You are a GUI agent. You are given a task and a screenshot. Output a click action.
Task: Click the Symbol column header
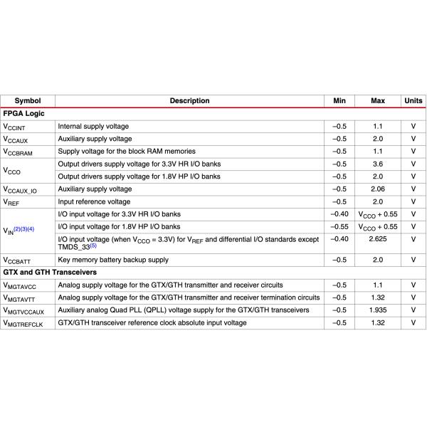point(28,101)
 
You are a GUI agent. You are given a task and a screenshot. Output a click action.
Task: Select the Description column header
point(189,101)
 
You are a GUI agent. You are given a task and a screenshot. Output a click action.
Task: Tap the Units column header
point(413,101)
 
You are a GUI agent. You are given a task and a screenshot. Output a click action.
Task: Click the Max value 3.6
point(378,164)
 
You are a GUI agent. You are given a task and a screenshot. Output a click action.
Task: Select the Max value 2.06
point(378,189)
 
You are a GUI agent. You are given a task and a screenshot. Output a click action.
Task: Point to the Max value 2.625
point(378,239)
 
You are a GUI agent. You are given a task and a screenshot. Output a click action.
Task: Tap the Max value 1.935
point(378,310)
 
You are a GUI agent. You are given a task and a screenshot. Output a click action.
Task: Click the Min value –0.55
point(339,226)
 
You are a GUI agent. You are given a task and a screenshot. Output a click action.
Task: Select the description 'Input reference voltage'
point(94,202)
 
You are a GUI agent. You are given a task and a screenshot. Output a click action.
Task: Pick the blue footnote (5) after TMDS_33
point(93,246)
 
